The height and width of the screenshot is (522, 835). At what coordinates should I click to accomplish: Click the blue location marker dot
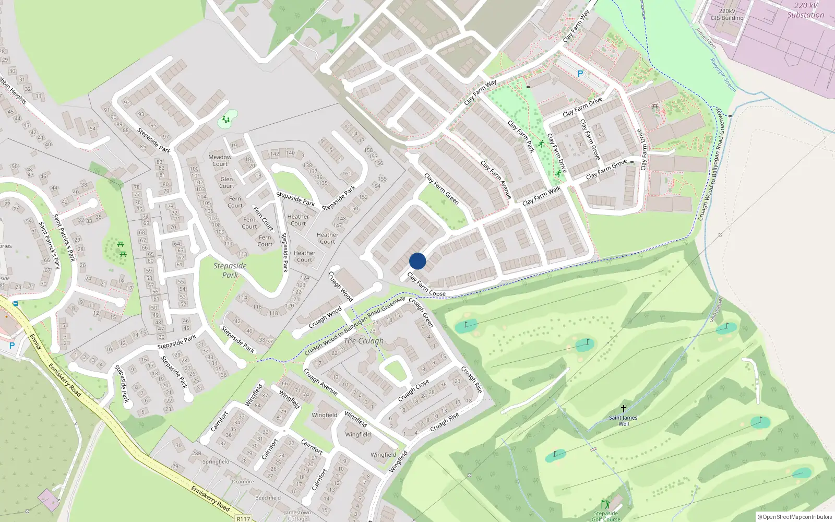click(x=417, y=261)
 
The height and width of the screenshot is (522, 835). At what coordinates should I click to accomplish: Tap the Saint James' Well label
click(x=623, y=421)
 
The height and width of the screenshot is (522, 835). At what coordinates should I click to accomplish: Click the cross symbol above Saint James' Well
click(x=623, y=409)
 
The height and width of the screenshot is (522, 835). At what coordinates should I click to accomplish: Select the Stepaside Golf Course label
click(x=605, y=516)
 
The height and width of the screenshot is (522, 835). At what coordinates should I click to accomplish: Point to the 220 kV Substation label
click(x=805, y=10)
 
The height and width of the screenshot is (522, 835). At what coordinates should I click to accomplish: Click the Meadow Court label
click(x=220, y=160)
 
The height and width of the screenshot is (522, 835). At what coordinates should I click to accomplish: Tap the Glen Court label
click(x=226, y=182)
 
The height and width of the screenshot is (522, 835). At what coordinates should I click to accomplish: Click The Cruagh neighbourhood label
click(x=364, y=341)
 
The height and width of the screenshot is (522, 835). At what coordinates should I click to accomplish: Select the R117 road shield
click(x=243, y=518)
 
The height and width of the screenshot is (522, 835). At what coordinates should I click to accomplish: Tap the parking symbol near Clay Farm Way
click(x=580, y=74)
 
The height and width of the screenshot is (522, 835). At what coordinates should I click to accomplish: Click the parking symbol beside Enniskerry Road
click(x=12, y=346)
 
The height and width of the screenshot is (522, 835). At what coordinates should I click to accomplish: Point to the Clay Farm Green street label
click(x=442, y=188)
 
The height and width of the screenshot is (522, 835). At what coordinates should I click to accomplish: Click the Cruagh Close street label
click(x=413, y=390)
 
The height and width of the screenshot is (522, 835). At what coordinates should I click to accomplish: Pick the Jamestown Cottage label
click(x=297, y=515)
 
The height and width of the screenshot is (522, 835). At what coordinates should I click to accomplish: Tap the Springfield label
click(x=216, y=461)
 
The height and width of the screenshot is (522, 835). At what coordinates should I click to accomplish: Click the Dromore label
click(x=243, y=481)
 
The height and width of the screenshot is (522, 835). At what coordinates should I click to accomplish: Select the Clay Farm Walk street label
click(x=541, y=196)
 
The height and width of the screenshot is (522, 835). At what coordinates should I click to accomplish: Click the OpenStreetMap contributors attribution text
click(x=795, y=517)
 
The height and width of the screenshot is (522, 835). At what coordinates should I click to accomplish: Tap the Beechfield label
click(x=268, y=497)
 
